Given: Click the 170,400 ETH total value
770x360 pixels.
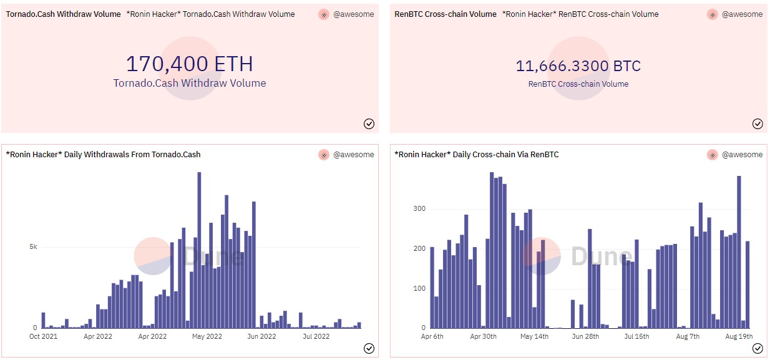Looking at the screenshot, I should [190, 64].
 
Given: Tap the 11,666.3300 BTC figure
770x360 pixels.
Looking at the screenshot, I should [578, 66].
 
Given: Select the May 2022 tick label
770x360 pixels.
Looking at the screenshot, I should [207, 337].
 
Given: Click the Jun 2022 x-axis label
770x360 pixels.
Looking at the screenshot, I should [261, 337].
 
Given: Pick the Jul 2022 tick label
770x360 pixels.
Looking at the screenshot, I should [316, 337].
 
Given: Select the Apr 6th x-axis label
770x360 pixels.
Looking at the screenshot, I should [432, 337].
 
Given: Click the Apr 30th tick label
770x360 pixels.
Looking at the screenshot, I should [483, 337].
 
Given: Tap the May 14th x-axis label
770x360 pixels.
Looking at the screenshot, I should [534, 337].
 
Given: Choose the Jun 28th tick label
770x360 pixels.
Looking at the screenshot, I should [585, 337].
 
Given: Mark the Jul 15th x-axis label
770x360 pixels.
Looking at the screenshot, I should [636, 337].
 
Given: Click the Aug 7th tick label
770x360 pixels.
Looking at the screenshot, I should [688, 337].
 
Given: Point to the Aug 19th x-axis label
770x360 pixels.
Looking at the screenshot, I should [739, 337].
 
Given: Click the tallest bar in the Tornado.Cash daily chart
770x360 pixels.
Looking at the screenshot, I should [199, 250].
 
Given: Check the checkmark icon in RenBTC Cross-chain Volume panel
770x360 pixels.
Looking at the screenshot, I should [758, 124].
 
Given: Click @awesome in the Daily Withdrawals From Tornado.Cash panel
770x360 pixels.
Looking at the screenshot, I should [353, 155].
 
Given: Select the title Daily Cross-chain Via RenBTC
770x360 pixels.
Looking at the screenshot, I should [477, 155].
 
